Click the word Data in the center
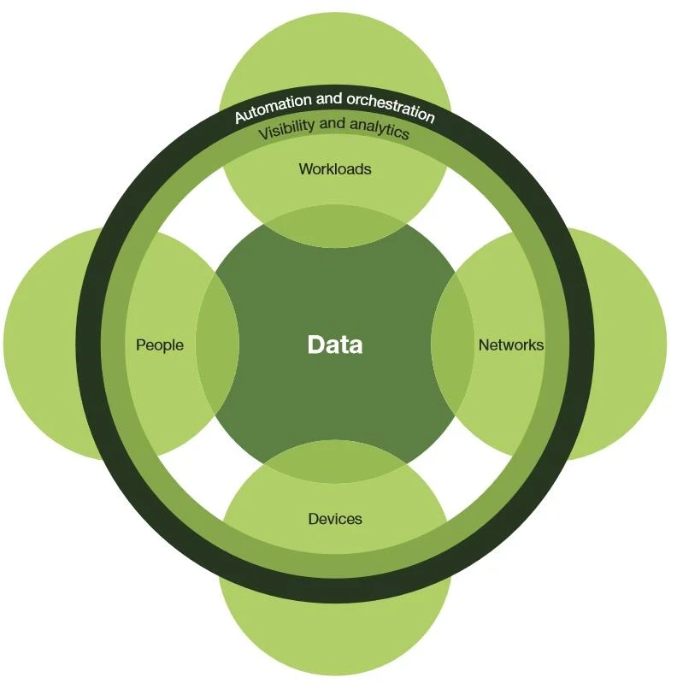334,344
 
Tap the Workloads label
334,169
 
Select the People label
160,345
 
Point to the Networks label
510,345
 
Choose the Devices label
334,519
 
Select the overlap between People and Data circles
217,344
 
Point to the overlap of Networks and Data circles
452,344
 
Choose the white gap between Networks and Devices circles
453,466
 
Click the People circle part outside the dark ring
43,344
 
